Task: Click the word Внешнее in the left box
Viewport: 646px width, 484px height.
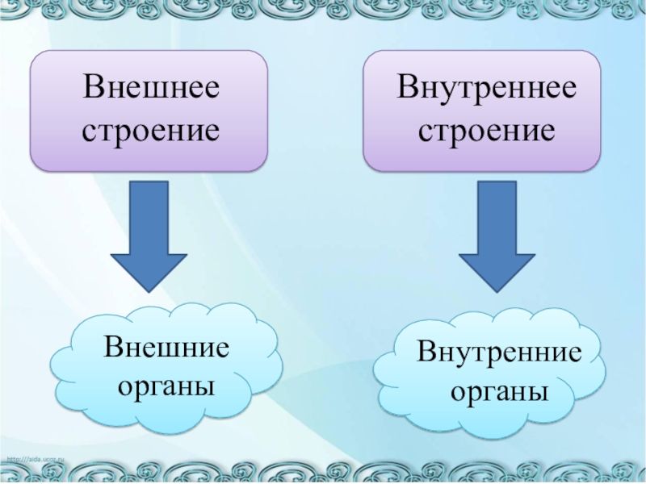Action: click(150, 88)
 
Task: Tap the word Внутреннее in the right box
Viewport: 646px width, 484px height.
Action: click(486, 88)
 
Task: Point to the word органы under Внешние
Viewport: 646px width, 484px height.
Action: click(166, 386)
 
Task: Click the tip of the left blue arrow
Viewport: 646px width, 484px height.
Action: click(149, 290)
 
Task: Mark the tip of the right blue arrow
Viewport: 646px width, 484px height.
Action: click(497, 290)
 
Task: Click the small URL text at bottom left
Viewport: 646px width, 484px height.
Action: click(36, 459)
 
